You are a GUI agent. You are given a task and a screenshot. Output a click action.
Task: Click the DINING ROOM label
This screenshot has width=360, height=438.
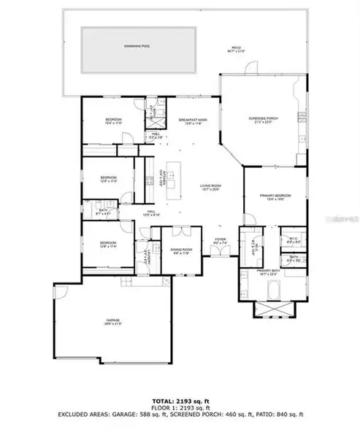[x=176, y=250]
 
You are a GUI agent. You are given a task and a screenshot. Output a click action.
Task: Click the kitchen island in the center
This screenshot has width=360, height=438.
[x=172, y=179]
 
